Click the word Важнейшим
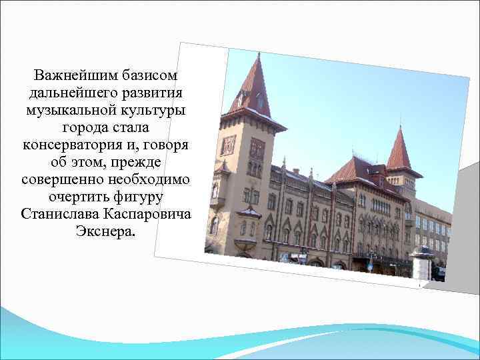(x=70, y=72)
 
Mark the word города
(x=84, y=126)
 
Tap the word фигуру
(x=139, y=198)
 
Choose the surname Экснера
(x=105, y=234)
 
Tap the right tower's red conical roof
(x=399, y=150)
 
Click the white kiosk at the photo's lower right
(x=421, y=263)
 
